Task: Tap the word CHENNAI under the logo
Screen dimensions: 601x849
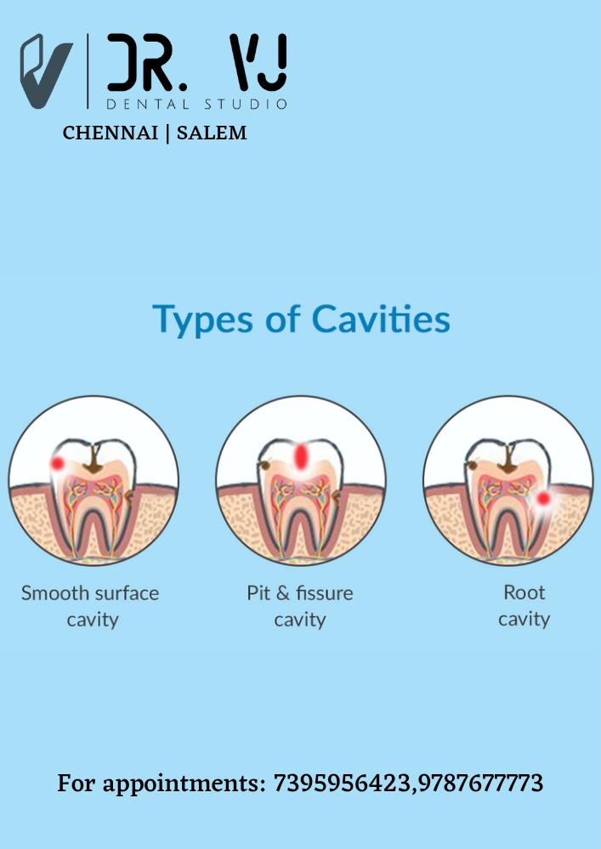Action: [110, 133]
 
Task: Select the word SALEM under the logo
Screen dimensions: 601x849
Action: [212, 133]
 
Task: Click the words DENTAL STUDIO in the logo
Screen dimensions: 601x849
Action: [197, 104]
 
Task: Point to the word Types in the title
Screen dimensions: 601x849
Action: [202, 319]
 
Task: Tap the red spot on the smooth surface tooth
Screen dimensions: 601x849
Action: [58, 463]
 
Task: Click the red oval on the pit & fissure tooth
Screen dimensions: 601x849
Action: [301, 456]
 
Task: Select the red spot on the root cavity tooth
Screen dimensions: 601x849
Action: [543, 499]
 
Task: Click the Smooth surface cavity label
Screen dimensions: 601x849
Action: [90, 606]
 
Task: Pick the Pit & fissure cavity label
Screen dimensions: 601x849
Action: [300, 606]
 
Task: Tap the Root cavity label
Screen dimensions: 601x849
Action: [524, 605]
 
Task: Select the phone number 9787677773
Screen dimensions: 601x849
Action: [480, 783]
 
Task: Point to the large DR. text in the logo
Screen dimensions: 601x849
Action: [147, 62]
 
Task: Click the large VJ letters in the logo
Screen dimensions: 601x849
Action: [258, 62]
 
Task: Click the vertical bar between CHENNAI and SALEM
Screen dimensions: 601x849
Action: [167, 133]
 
